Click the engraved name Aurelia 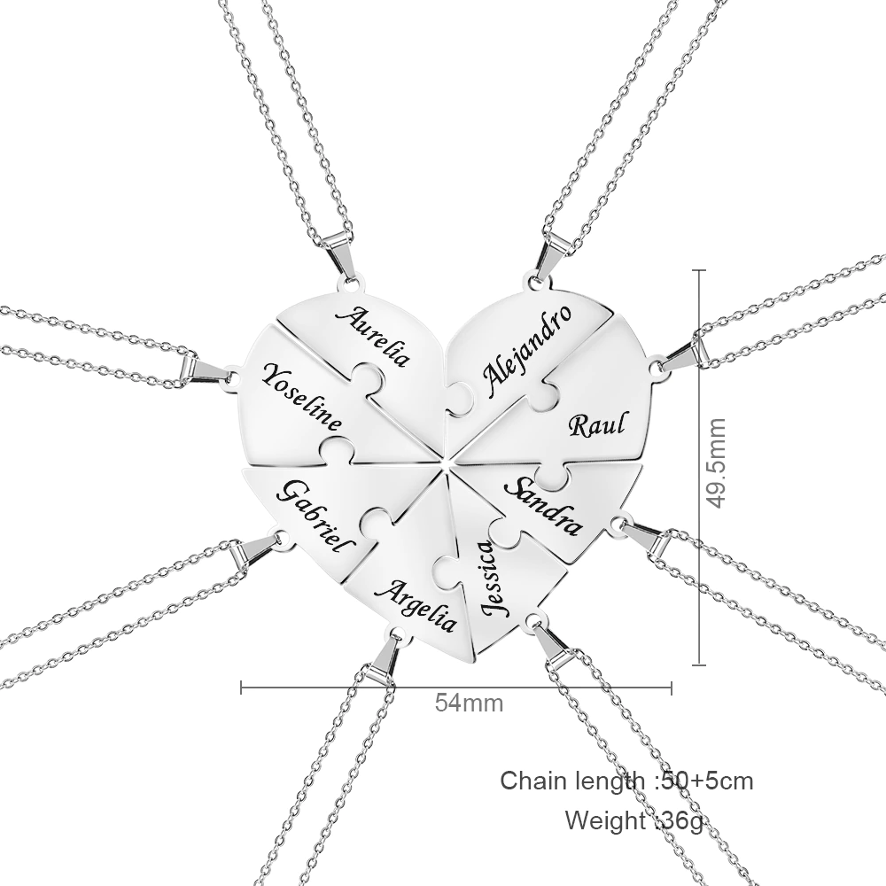coord(372,336)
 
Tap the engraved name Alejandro coord(526,350)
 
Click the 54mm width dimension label coord(469,703)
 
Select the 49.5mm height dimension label coord(716,463)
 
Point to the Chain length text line coord(626,781)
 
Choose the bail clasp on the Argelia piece coord(385,659)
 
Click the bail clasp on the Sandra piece coord(648,536)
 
